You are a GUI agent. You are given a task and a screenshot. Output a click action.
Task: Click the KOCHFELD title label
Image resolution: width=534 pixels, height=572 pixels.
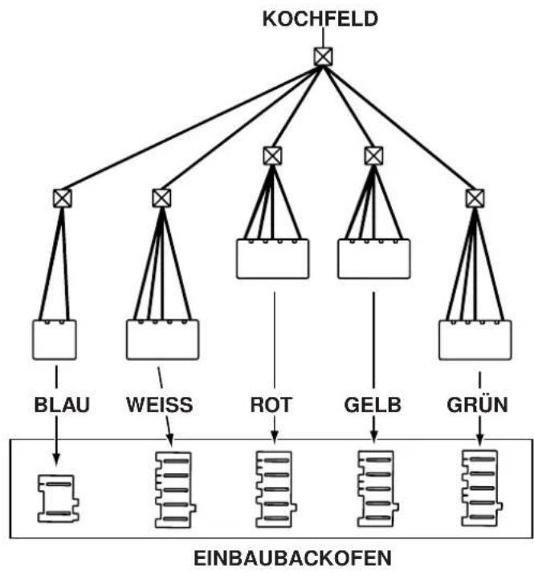pyautogui.click(x=320, y=19)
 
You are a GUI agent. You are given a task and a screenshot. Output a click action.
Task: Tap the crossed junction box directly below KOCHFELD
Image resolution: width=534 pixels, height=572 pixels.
pyautogui.click(x=323, y=56)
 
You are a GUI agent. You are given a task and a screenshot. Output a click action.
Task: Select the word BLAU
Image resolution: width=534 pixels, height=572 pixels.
pyautogui.click(x=62, y=405)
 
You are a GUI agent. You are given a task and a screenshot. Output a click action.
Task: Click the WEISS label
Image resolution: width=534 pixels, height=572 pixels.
pyautogui.click(x=160, y=405)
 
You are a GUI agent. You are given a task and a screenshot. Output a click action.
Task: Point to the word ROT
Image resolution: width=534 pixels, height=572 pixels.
pyautogui.click(x=271, y=405)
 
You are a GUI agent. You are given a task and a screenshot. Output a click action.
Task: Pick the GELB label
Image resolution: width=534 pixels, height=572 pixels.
pyautogui.click(x=373, y=405)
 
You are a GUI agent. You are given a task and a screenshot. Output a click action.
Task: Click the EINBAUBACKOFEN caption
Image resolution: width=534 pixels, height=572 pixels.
pyautogui.click(x=292, y=558)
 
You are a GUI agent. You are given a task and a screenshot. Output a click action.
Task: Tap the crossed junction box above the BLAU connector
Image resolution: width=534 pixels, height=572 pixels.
pyautogui.click(x=63, y=198)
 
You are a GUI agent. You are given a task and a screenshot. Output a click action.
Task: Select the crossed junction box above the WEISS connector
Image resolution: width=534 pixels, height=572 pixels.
pyautogui.click(x=161, y=198)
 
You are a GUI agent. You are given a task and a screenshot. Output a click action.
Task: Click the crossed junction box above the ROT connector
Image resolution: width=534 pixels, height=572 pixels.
pyautogui.click(x=272, y=156)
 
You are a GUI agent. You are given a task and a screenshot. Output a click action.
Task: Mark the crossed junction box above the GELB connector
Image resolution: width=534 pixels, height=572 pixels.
pyautogui.click(x=373, y=156)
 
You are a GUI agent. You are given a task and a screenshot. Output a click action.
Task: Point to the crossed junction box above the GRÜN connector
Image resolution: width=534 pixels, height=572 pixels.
pyautogui.click(x=475, y=198)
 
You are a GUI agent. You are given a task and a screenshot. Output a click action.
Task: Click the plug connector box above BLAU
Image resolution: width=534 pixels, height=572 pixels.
pyautogui.click(x=55, y=340)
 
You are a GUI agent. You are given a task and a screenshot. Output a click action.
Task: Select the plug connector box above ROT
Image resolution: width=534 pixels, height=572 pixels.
pyautogui.click(x=272, y=259)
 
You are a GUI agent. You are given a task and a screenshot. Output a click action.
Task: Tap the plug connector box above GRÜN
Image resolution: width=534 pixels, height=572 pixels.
pyautogui.click(x=475, y=340)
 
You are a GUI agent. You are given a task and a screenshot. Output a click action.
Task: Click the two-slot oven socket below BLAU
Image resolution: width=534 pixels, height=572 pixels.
pyautogui.click(x=59, y=498)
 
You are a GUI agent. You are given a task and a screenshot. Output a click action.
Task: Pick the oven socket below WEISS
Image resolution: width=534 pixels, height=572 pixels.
pyautogui.click(x=175, y=489)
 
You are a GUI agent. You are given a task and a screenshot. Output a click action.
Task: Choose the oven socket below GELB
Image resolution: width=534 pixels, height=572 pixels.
pyautogui.click(x=377, y=488)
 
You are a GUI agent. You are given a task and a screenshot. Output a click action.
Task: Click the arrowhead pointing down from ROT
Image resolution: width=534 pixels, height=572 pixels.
pyautogui.click(x=275, y=437)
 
